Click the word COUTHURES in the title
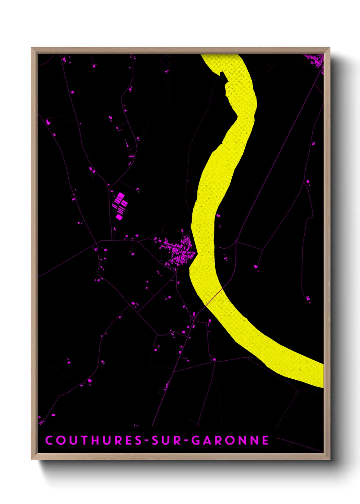click(94, 440)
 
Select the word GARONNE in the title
click(230, 440)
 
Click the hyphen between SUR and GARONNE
click(186, 441)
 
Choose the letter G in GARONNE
click(196, 440)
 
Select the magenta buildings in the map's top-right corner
click(316, 60)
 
